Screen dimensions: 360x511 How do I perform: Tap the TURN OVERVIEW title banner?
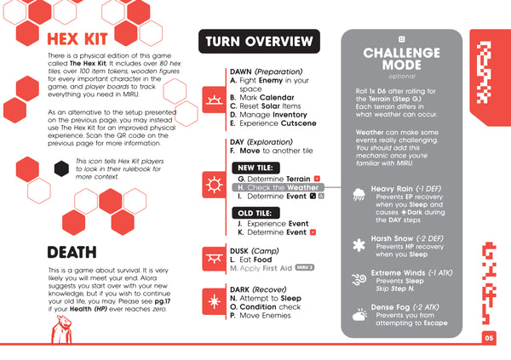point(258,42)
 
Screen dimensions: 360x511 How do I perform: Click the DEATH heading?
point(72,252)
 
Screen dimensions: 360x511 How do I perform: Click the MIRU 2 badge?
point(306,267)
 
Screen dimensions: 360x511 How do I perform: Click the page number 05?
point(490,337)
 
